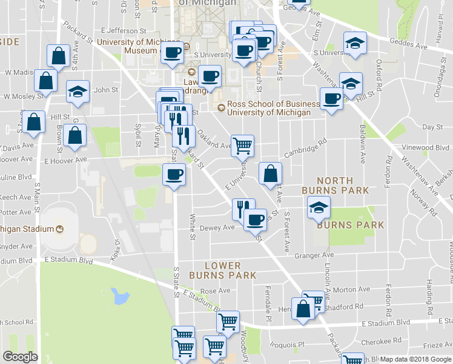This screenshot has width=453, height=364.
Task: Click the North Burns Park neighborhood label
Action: coord(335,185)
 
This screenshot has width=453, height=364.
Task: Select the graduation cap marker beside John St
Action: coord(77,92)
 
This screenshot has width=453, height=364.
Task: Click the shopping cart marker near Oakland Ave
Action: coord(242,146)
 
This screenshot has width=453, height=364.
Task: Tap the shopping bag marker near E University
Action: coord(270,173)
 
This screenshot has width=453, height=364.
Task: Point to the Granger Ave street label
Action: coord(314,255)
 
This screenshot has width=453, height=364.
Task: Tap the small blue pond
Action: coord(120,297)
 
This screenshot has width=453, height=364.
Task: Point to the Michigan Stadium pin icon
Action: coord(59,229)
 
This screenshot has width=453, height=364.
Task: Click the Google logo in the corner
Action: coord(19,357)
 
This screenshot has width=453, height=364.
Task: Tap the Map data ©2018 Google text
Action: coord(415,359)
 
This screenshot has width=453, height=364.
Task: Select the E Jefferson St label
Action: coord(124,30)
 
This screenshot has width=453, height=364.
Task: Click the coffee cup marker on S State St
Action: coord(174,175)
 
